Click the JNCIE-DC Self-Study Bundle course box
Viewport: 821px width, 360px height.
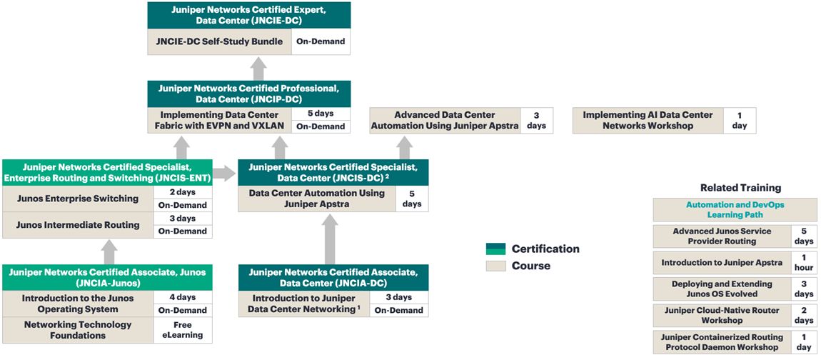point(219,41)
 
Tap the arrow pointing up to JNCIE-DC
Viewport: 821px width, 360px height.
point(258,69)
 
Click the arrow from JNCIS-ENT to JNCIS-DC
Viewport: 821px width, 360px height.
point(223,172)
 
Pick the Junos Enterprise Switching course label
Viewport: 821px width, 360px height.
point(78,199)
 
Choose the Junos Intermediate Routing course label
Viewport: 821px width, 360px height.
point(78,225)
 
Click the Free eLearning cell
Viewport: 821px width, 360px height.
point(183,330)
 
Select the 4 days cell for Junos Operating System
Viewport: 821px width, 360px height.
point(183,297)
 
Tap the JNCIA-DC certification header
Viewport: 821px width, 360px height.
point(333,277)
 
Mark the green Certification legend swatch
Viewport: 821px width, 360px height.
point(495,249)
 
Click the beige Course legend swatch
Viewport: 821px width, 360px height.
point(495,266)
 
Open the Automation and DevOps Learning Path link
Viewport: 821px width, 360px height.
point(735,209)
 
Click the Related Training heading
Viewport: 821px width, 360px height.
point(740,188)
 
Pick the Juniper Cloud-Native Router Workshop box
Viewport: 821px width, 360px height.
point(721,316)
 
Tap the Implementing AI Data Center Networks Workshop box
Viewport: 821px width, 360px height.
point(648,120)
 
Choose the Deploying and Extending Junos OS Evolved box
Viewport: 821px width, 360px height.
point(721,289)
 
